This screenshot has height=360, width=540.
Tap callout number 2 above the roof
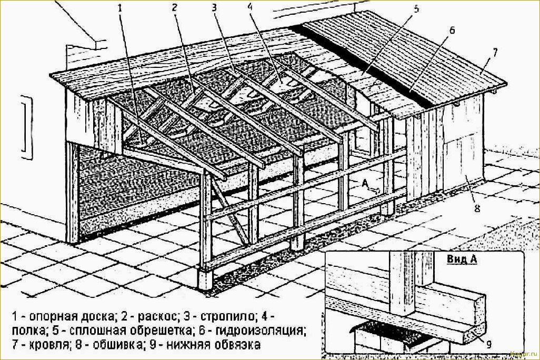175,7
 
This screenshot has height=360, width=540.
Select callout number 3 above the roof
215,7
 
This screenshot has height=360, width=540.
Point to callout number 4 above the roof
249,7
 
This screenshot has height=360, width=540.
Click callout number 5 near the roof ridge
416,9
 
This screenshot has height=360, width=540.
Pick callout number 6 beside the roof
452,31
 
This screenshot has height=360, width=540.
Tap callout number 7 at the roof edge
495,53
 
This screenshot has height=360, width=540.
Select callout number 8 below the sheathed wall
477,208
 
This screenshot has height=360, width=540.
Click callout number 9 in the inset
489,344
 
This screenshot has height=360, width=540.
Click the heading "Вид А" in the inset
462,259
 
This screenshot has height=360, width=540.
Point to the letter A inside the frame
364,183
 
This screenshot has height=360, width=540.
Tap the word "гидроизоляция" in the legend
261,331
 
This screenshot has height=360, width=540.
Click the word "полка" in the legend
29,331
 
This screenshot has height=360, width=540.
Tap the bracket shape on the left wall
27,128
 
